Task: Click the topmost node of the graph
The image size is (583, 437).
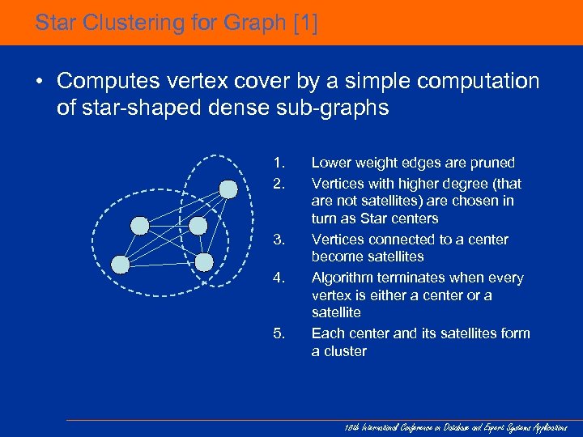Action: click(229, 189)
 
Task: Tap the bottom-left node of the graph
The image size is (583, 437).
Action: click(121, 264)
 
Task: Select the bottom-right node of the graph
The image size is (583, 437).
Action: click(204, 262)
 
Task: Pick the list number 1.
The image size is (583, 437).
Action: click(279, 163)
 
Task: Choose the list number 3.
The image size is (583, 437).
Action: click(279, 240)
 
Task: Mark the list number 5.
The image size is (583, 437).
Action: click(279, 333)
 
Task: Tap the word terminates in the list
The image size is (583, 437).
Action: click(418, 278)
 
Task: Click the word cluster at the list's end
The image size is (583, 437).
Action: click(345, 351)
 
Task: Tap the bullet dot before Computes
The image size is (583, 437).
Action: click(38, 82)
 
